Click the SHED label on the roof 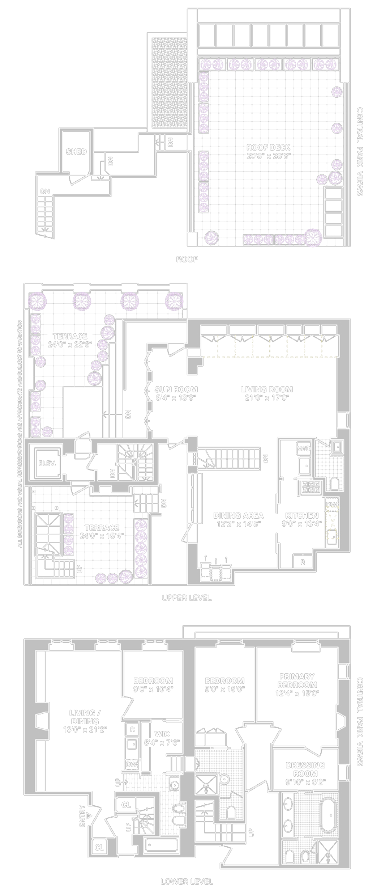click(76, 152)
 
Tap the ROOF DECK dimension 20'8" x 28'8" click(268, 156)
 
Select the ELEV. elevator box click(47, 463)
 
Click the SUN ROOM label click(176, 389)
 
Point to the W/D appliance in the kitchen click(304, 449)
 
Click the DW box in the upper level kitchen click(332, 505)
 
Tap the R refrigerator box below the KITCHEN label click(303, 562)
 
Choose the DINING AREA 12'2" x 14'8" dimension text click(238, 524)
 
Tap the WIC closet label click(162, 734)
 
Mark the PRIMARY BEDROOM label click(297, 680)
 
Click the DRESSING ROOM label click(305, 769)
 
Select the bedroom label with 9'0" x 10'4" click(153, 685)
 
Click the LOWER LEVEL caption click(187, 882)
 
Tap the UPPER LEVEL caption click(187, 598)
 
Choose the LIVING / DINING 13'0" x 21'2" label click(85, 721)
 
